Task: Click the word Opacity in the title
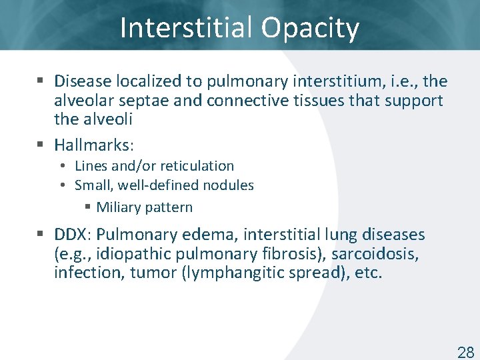310,29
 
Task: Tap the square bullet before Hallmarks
41,144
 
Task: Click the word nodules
231,185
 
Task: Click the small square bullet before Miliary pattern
88,207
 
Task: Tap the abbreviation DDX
73,235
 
